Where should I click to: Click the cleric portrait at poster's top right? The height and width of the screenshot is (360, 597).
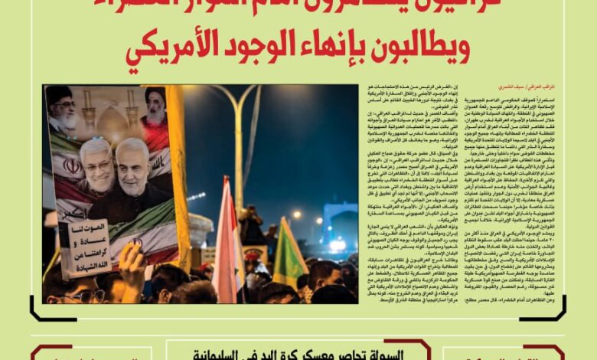155,107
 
